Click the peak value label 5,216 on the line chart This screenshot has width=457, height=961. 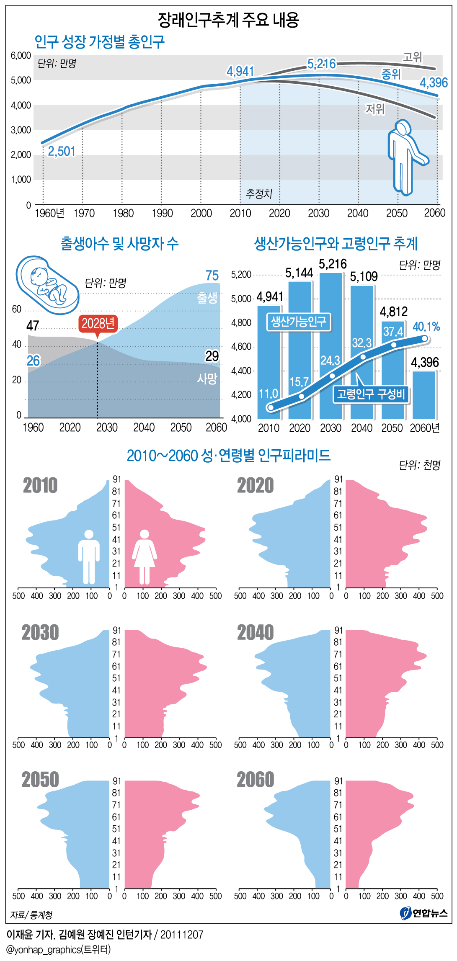[x=321, y=64]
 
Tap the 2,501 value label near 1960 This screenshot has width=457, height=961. [x=62, y=151]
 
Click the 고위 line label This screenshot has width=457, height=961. [x=412, y=57]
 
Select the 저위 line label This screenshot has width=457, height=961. [x=375, y=109]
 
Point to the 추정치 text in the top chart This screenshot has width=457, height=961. [x=259, y=193]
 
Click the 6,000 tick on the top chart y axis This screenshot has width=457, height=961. [x=21, y=56]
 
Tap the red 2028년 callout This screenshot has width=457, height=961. [x=98, y=324]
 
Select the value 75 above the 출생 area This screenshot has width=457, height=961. [x=212, y=276]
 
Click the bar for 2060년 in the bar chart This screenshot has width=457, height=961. [x=424, y=395]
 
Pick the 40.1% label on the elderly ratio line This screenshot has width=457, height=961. [x=426, y=327]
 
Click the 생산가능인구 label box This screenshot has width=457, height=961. [x=298, y=322]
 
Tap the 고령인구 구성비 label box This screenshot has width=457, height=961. [x=371, y=394]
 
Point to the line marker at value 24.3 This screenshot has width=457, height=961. [x=332, y=376]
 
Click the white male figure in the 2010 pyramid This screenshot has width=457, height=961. [x=89, y=557]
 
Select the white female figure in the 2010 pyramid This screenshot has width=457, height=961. [x=145, y=557]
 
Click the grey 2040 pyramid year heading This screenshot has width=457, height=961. [x=255, y=632]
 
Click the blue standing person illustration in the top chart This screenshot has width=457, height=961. [x=405, y=157]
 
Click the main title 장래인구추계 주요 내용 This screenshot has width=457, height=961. [x=228, y=20]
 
